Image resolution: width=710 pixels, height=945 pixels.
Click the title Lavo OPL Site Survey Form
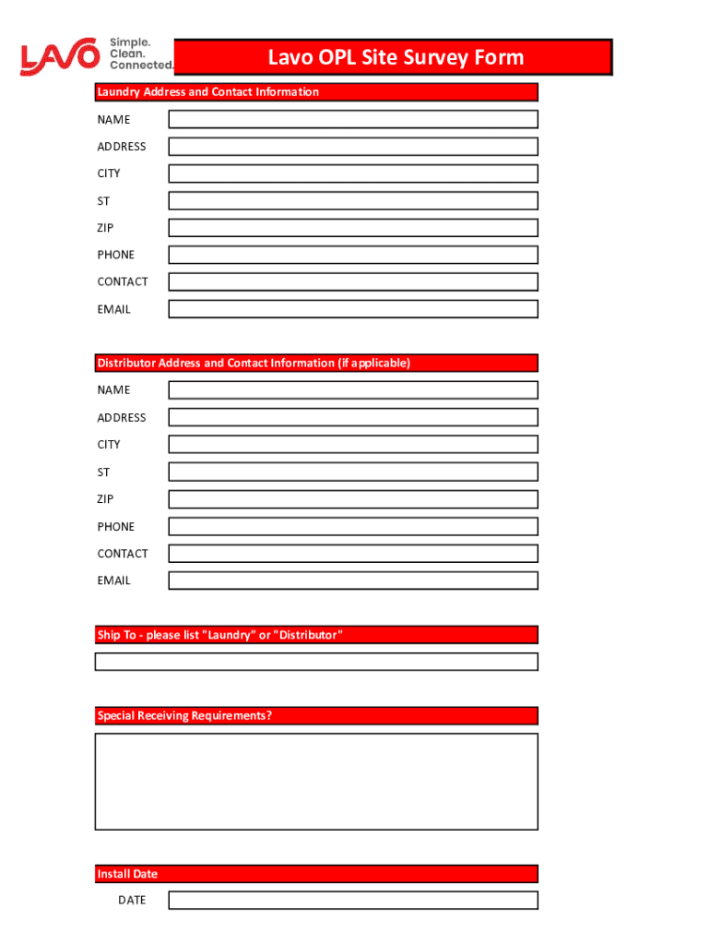[395, 58]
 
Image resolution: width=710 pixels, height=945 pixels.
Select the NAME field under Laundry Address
[352, 119]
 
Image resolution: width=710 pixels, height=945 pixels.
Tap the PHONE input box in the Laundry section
[352, 255]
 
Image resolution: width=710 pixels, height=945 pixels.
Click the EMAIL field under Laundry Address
[352, 309]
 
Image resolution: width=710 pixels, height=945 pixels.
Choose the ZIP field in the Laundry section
[352, 228]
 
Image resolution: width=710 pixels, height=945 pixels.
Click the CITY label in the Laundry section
[109, 173]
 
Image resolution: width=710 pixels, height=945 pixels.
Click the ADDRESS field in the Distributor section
[352, 417]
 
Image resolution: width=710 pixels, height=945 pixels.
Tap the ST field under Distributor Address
[352, 472]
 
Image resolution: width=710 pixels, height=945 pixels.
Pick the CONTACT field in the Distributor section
[352, 554]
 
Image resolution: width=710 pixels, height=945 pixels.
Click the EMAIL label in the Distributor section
[114, 580]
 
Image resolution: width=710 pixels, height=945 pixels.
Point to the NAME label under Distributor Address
[114, 390]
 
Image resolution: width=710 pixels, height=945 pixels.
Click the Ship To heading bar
[315, 635]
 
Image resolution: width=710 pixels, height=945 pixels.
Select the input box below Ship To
[315, 662]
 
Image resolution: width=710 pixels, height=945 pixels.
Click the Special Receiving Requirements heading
[315, 716]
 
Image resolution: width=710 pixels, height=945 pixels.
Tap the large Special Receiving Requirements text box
[315, 782]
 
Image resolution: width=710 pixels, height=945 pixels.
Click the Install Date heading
[315, 874]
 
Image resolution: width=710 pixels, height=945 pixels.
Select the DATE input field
[352, 900]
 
